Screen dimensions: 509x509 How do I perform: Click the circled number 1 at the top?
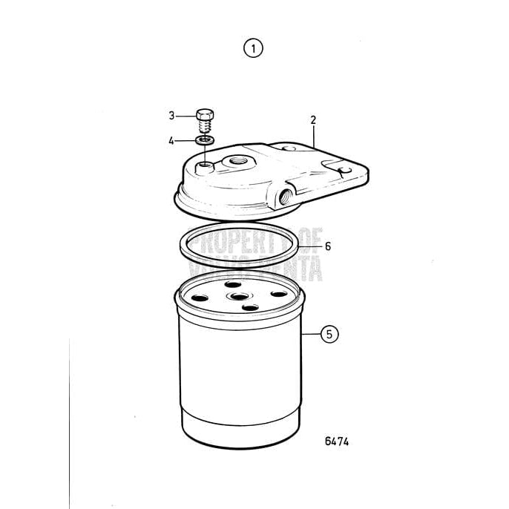click(254, 49)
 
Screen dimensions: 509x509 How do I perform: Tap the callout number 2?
click(313, 119)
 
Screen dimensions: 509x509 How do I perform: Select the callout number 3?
click(171, 116)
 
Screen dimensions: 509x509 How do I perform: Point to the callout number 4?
click(171, 139)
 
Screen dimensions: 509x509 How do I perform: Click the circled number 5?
click(329, 335)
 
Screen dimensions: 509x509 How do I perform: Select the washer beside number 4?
click(206, 139)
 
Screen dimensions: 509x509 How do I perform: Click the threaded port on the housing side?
click(285, 197)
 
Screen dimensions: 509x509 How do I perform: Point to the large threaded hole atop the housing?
click(240, 159)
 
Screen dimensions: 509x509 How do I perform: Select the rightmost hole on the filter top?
click(280, 294)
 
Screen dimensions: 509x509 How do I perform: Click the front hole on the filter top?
click(250, 306)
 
